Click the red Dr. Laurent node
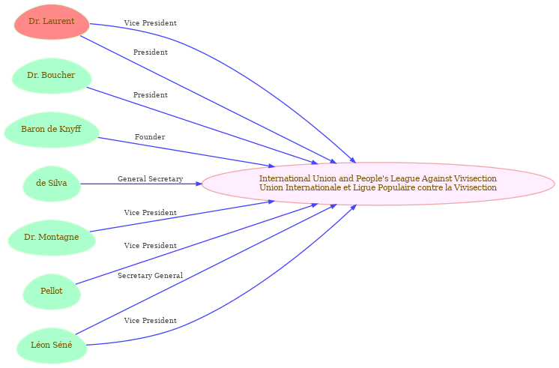click(52, 22)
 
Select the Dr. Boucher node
click(52, 76)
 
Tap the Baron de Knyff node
click(52, 130)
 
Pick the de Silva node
click(52, 184)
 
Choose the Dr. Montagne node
click(52, 238)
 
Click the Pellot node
click(52, 292)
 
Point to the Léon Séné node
click(52, 346)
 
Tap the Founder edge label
click(150, 137)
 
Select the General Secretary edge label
click(150, 179)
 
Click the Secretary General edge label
click(150, 276)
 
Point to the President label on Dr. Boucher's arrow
click(151, 95)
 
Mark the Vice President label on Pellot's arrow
click(151, 246)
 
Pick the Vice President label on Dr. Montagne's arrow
click(151, 213)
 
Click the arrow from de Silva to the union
click(141, 184)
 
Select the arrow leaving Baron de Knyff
click(186, 152)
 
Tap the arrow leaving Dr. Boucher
click(202, 125)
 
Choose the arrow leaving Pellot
click(196, 244)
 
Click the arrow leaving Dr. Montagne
click(182, 217)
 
